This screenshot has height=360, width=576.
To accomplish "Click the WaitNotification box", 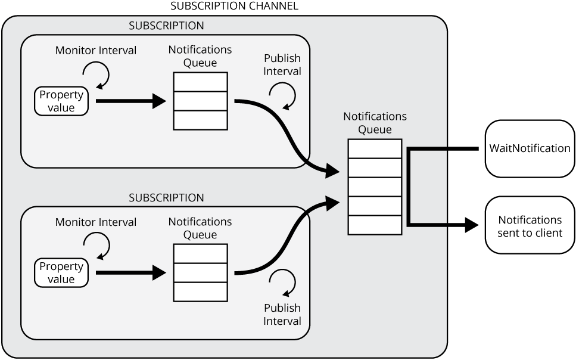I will pos(530,148).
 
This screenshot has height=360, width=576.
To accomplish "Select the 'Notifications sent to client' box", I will pos(530,226).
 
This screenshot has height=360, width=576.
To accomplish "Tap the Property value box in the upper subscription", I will pos(61,101).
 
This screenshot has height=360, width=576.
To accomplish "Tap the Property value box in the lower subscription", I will pos(61,272).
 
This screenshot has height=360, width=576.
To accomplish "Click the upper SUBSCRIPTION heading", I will pos(166,26).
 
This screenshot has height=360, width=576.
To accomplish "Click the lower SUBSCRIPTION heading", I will pos(166,197).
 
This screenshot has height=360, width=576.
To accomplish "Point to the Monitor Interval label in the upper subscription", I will pos(96,51).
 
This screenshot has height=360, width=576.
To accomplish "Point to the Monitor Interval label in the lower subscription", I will pos(96,222).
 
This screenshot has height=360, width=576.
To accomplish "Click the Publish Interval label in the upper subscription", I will pos(282,65).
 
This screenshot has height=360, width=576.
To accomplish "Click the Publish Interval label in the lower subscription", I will pos(282,314).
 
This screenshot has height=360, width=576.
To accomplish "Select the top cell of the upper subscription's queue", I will pos(200,82).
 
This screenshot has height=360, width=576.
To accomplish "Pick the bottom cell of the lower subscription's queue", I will pos(200,291).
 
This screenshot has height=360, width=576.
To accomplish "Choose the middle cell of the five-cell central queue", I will pos(375,187).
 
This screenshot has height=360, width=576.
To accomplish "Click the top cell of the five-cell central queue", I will pos(375,148).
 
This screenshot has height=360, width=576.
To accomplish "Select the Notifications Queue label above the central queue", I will pos(375,123).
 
